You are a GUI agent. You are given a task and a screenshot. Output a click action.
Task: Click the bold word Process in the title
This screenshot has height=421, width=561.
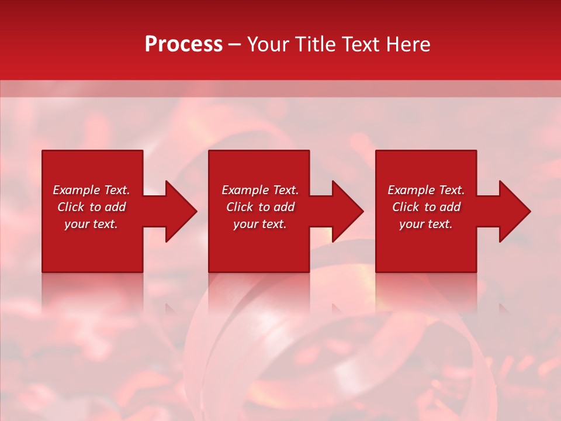point(183,44)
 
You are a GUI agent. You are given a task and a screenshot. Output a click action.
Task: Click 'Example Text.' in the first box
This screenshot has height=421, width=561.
point(91,190)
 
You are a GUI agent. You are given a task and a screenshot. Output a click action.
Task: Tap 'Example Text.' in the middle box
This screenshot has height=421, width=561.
point(260,190)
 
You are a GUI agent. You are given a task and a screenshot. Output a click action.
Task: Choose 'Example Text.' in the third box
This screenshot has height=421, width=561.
point(426,190)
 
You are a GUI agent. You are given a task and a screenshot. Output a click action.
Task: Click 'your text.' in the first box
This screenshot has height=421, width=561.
point(91,224)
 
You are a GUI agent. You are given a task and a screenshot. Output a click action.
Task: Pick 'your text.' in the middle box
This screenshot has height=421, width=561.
point(260,224)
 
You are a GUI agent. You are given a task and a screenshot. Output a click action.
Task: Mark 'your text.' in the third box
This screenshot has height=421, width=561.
point(426,224)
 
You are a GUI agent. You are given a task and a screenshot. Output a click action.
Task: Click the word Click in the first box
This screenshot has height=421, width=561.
point(71,207)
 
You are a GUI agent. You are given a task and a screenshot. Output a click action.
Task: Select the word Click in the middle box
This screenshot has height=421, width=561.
point(240,207)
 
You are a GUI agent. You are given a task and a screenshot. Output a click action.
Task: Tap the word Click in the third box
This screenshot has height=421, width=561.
point(406,207)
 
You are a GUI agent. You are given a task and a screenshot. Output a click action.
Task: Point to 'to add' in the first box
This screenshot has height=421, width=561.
point(108,207)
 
